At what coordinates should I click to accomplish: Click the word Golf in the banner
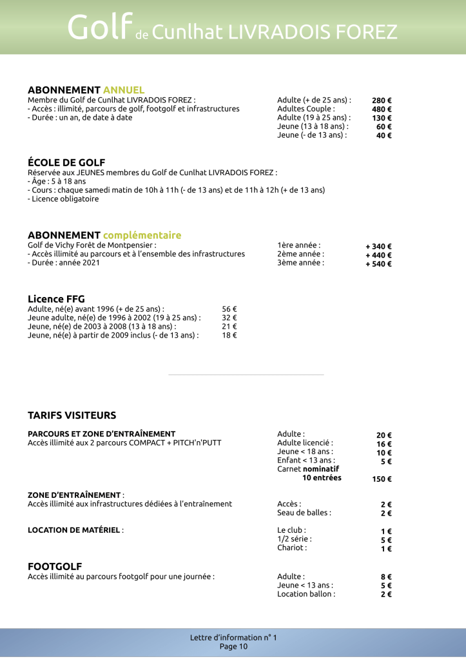(x=99, y=28)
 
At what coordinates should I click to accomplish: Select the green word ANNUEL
(x=124, y=90)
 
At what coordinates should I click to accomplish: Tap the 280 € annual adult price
(x=382, y=100)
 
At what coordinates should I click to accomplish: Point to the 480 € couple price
(x=382, y=110)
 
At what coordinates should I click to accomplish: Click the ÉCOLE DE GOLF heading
(x=66, y=162)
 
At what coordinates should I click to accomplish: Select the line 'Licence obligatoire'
(x=63, y=199)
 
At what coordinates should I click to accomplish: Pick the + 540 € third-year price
(x=378, y=264)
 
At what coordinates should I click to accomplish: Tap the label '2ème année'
(x=300, y=254)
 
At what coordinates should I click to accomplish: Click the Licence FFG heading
(x=56, y=299)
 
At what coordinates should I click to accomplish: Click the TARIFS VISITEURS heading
(x=72, y=415)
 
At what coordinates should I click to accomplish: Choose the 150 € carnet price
(x=382, y=479)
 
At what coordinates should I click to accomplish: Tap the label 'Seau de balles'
(x=304, y=513)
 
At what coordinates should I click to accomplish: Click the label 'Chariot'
(x=292, y=548)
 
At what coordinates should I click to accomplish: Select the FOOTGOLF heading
(x=55, y=566)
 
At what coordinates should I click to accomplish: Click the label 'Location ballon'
(x=306, y=594)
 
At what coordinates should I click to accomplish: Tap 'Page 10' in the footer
(x=233, y=647)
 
